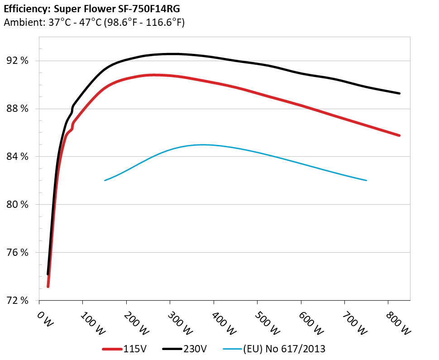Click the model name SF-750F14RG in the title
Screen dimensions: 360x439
tap(143, 9)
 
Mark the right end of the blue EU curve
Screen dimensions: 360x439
tap(366, 180)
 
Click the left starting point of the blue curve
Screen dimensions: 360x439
tap(105, 180)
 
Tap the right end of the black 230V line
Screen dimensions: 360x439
tap(399, 93)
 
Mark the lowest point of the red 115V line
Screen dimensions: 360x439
tap(48, 286)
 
